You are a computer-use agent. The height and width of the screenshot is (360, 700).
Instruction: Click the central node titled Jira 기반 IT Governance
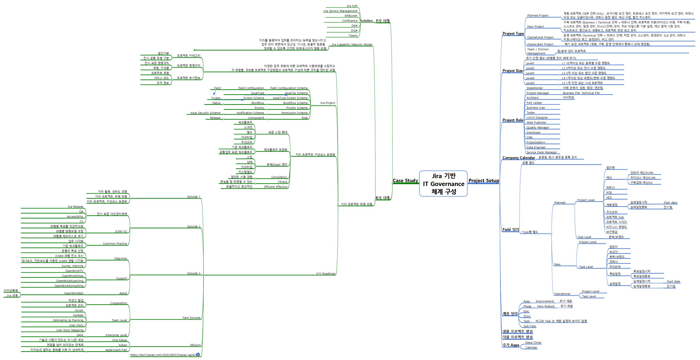point(443,183)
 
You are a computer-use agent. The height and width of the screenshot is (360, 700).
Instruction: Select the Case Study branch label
point(405,181)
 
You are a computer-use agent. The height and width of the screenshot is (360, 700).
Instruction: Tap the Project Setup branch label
point(484,181)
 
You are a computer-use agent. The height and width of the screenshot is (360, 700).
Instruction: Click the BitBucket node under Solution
point(351,16)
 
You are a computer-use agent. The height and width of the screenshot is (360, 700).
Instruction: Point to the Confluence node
point(350,21)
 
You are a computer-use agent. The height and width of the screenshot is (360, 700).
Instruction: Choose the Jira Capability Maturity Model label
point(352,45)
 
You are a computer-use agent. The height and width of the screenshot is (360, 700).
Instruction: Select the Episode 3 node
point(194,273)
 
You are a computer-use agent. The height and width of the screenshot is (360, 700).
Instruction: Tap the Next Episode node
point(191,318)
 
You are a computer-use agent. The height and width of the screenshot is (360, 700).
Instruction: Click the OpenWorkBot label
point(74,293)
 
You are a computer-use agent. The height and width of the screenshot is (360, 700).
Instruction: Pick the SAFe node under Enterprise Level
point(80,335)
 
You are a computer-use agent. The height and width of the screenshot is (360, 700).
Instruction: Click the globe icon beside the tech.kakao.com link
point(198,355)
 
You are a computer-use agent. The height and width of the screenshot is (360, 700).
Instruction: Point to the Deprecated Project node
point(540,44)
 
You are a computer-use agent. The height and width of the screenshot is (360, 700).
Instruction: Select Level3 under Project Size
point(530,73)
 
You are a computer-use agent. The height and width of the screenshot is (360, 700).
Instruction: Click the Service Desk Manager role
point(542,152)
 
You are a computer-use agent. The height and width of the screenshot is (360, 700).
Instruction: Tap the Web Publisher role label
point(536,123)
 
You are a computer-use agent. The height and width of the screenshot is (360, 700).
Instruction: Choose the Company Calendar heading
point(519,158)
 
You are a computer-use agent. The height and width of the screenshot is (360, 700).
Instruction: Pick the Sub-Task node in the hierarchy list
point(530,326)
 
